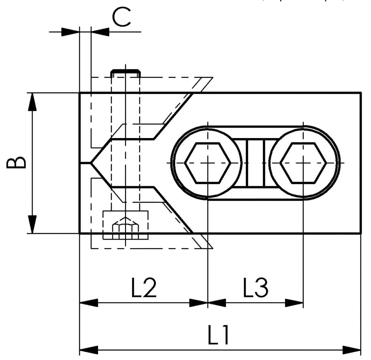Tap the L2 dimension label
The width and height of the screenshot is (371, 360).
pyautogui.click(x=144, y=288)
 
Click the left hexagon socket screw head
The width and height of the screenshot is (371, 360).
pyautogui.click(x=208, y=163)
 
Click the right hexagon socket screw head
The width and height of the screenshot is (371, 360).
pyautogui.click(x=303, y=163)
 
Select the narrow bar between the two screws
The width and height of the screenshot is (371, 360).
pyautogui.click(x=255, y=163)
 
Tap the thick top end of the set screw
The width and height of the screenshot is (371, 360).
pyautogui.click(x=126, y=71)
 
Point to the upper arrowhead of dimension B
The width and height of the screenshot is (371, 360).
pyautogui.click(x=33, y=102)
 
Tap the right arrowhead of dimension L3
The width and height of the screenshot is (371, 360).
pyautogui.click(x=295, y=302)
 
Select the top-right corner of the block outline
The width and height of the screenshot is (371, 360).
pyautogui.click(x=361, y=93)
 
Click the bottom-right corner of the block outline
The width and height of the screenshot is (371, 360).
pyautogui.click(x=361, y=233)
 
